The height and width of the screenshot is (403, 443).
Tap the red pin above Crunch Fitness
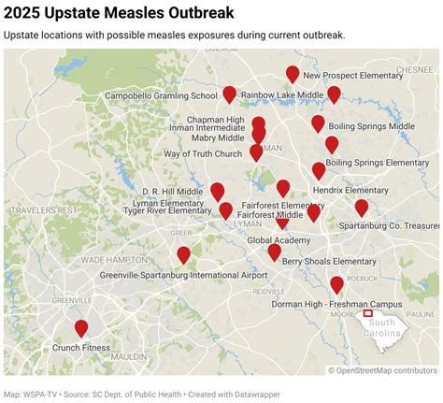coord(81,328)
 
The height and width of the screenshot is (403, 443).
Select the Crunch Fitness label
coord(81,348)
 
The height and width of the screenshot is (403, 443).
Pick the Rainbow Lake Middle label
coord(282,95)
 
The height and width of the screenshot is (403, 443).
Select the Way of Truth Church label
coord(204,153)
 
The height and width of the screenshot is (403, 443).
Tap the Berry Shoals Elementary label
coord(329,261)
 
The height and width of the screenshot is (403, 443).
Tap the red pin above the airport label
coord(184,254)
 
